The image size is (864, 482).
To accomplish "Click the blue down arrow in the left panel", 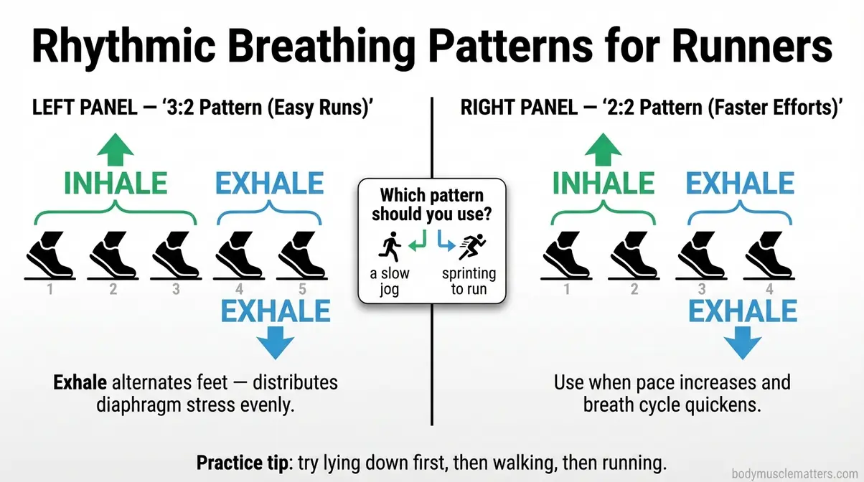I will point(275,342).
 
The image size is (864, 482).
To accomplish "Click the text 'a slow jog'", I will point(389,281).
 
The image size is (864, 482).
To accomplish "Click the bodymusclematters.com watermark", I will point(795,473).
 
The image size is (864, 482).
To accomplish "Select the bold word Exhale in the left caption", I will point(81,382).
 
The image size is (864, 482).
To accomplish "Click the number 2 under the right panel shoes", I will point(634,290).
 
